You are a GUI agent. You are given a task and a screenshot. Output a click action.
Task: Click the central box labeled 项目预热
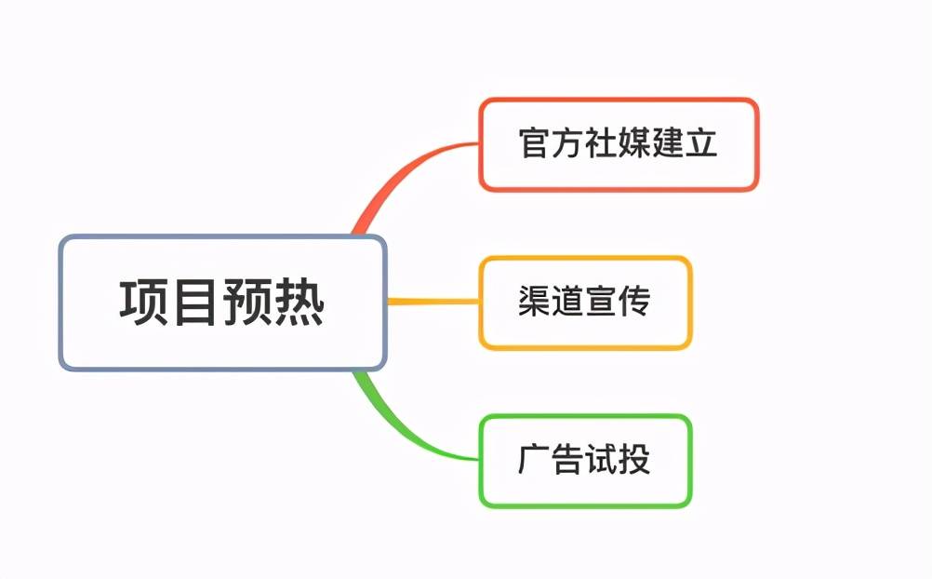[222, 303]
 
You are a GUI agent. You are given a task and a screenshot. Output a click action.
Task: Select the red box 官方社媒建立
[619, 145]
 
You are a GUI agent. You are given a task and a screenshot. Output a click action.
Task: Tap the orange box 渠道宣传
[585, 303]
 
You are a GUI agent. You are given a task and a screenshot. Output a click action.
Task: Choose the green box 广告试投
[585, 461]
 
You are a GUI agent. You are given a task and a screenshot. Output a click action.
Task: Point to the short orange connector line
[433, 302]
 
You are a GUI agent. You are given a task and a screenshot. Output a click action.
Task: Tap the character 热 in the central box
[300, 303]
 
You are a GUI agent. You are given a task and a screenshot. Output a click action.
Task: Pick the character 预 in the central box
[247, 303]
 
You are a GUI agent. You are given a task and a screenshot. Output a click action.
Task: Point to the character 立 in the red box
[702, 145]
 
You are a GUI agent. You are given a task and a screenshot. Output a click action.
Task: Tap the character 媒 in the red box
[635, 145]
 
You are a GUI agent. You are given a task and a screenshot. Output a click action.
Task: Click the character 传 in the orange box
[635, 303]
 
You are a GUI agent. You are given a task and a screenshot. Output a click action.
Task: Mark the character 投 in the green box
[635, 461]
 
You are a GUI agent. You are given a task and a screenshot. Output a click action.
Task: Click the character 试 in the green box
[602, 461]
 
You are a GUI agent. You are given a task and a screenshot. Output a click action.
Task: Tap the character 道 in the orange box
[568, 303]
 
